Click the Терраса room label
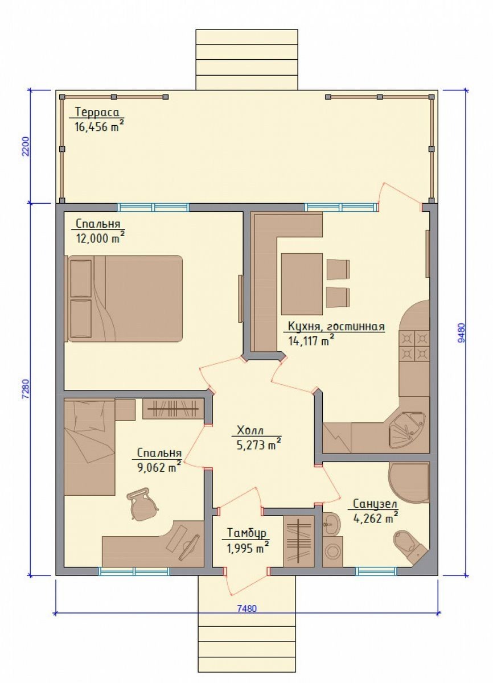(97, 112)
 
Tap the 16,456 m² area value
(100, 126)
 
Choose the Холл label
(250, 431)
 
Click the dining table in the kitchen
(302, 284)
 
